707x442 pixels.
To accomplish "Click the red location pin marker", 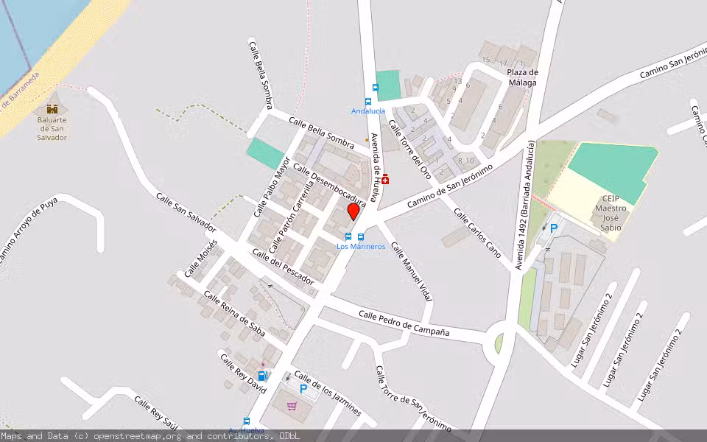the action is (x=353, y=211).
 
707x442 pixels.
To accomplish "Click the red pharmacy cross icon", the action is (x=385, y=179).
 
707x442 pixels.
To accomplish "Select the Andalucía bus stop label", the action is (x=368, y=111).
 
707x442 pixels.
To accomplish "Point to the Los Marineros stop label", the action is (x=361, y=246).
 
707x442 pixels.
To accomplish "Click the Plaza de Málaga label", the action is (x=522, y=77).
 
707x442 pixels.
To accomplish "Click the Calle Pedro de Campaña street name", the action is (x=404, y=323).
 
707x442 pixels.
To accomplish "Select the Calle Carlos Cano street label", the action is (x=477, y=233).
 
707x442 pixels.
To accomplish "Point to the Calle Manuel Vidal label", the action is (x=411, y=271).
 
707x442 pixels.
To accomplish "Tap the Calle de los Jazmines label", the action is (x=327, y=393).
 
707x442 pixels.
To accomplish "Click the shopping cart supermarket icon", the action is (x=292, y=405).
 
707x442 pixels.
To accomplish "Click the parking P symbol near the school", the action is (x=554, y=229).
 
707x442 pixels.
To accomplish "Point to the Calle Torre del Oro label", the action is (x=409, y=150).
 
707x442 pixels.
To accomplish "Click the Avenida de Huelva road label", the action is (x=379, y=158).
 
